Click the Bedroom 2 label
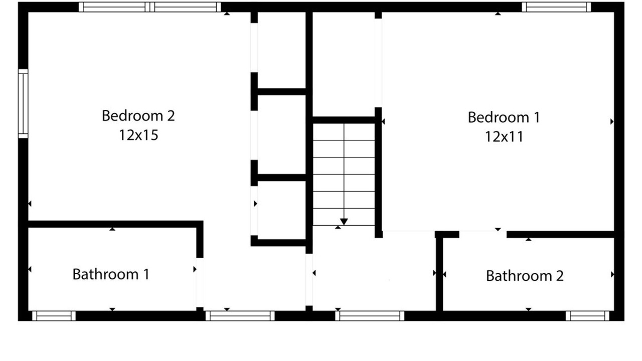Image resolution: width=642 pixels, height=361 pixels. click(138, 116)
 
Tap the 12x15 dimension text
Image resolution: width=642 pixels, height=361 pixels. click(138, 135)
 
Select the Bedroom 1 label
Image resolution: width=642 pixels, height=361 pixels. click(504, 117)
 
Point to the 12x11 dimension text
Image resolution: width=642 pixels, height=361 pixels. click(504, 137)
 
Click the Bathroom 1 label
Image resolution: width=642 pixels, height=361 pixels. click(111, 274)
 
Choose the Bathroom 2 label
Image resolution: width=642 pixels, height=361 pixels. click(525, 276)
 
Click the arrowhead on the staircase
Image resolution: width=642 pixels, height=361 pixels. click(344, 222)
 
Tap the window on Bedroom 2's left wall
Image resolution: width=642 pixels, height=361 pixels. click(23, 103)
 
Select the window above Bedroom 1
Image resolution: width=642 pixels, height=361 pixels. click(556, 7)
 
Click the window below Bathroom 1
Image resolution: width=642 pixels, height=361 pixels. click(54, 316)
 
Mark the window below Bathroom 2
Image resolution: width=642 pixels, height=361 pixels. click(587, 316)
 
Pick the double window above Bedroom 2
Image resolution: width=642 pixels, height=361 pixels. click(150, 7)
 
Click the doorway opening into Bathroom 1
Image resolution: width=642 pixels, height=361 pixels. click(200, 282)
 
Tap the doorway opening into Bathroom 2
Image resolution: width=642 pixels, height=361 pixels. click(483, 234)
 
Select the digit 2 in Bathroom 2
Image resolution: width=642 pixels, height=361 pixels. click(560, 276)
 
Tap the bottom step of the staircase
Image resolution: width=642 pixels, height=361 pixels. click(344, 217)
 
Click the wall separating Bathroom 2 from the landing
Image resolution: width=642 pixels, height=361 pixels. click(439, 274)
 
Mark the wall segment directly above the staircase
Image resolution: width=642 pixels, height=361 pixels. click(344, 120)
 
